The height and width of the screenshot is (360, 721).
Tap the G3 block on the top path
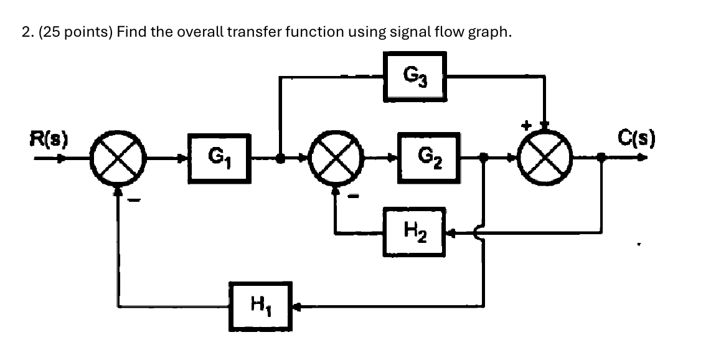pyautogui.click(x=415, y=77)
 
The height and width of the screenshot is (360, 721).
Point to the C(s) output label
pyautogui.click(x=633, y=136)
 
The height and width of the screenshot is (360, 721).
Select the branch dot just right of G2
pyautogui.click(x=484, y=159)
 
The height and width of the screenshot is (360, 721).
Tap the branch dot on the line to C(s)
pyautogui.click(x=601, y=159)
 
